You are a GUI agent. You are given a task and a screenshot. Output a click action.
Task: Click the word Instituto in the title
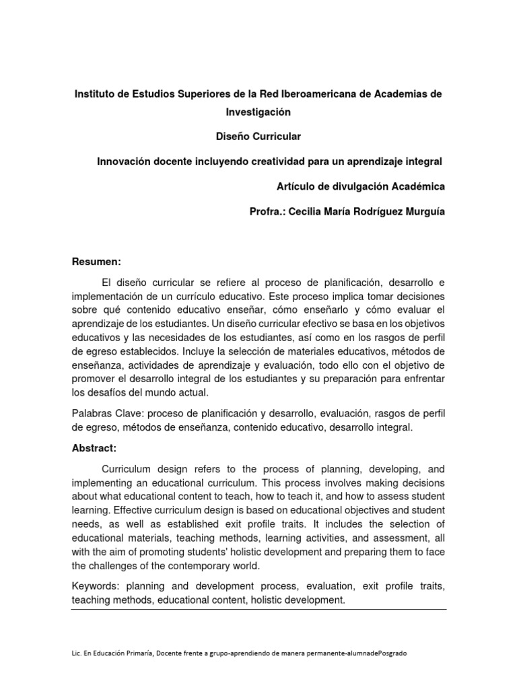click(x=95, y=94)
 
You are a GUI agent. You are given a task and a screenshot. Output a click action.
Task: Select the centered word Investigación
click(x=258, y=112)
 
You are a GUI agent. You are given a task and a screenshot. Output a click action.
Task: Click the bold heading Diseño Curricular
click(x=258, y=137)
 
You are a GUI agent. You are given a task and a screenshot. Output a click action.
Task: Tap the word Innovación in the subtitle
click(x=125, y=161)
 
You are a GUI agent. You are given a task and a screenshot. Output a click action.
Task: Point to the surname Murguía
click(x=421, y=211)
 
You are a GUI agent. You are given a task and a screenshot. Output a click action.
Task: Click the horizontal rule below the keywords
click(x=258, y=610)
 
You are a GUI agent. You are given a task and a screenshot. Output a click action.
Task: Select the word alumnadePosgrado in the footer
click(x=378, y=653)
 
